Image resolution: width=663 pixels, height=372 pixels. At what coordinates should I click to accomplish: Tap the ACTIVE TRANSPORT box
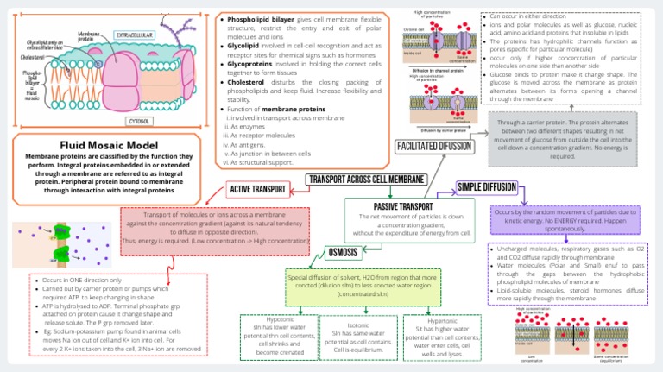pos(258,189)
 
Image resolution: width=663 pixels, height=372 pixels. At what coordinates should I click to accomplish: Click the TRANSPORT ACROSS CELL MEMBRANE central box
pos(366,180)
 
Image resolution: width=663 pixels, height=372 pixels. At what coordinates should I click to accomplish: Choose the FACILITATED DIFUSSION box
pos(434,147)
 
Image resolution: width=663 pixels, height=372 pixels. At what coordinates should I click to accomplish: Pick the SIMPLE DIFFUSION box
pos(487,186)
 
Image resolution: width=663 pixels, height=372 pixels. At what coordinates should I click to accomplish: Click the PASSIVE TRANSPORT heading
pos(403,207)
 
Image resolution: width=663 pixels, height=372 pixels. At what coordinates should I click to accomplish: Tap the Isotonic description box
pos(358,337)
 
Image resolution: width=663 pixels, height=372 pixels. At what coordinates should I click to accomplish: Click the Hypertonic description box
pos(442,337)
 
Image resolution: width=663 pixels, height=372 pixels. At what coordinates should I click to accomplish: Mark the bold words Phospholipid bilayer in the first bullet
pos(260,18)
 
